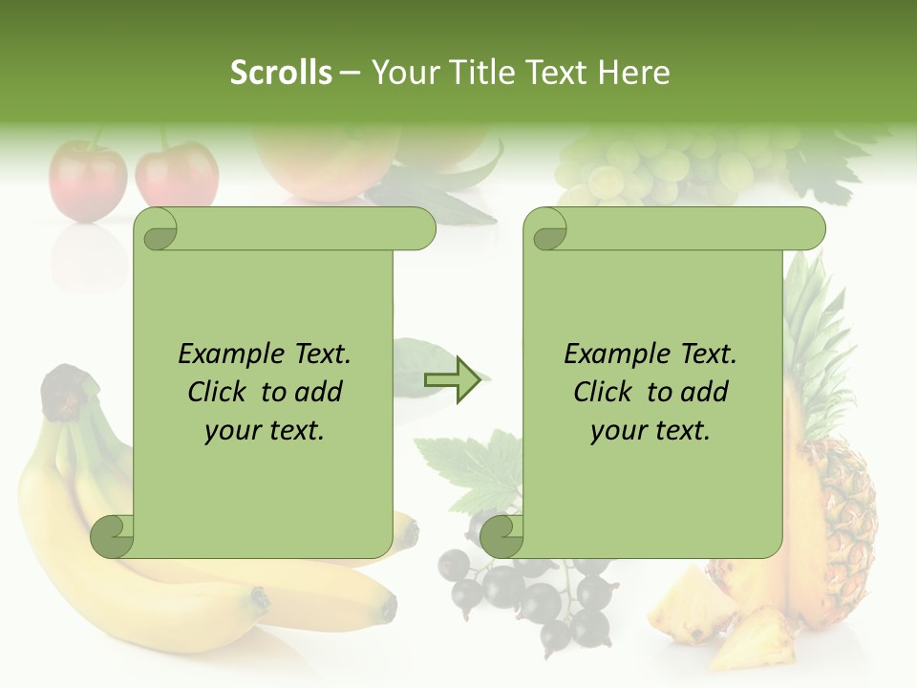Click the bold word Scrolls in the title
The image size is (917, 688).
pos(281,73)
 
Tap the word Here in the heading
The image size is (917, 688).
pos(634,73)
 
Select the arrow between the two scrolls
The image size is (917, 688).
pos(452,379)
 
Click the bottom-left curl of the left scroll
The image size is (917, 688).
pos(112,536)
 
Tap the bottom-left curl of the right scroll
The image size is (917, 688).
pos(501,536)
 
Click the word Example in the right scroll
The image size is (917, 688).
pos(612,355)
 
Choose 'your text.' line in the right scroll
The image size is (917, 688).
pos(650,431)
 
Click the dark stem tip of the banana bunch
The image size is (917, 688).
pos(65,392)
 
